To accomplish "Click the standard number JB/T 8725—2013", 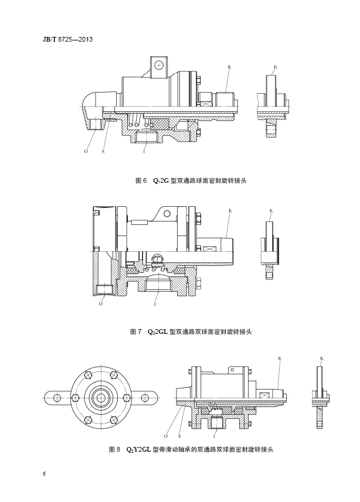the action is (67, 39).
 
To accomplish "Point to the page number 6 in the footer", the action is (44, 474).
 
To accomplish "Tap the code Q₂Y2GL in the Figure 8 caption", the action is (138, 449).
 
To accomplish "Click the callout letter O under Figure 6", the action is (86, 152).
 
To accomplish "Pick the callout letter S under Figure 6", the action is (103, 152).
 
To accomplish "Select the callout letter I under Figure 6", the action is (144, 152).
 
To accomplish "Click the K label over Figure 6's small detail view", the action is (276, 67).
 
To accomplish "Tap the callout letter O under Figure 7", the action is (101, 303).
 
